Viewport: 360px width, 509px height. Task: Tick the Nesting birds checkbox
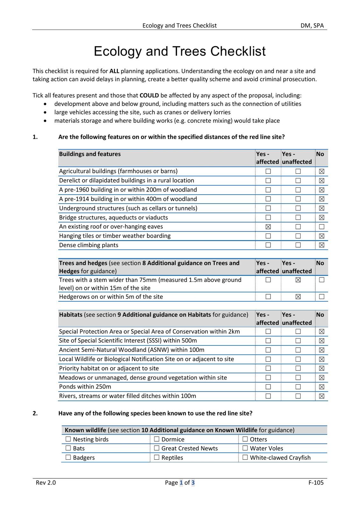(68, 439)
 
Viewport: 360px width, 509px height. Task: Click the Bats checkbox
(68, 448)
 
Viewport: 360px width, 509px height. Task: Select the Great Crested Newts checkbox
(157, 448)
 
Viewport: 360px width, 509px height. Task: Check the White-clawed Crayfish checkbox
(245, 457)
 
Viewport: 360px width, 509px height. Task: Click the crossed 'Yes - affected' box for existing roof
(268, 227)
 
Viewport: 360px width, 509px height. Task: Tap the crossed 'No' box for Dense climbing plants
(321, 245)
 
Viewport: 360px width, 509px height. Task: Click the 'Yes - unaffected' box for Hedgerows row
(298, 296)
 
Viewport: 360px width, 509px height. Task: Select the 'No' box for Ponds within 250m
(321, 387)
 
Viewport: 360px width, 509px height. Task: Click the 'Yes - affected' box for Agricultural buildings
(268, 171)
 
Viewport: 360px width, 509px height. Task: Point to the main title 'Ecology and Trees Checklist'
(180, 51)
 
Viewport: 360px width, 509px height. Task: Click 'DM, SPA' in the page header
(312, 25)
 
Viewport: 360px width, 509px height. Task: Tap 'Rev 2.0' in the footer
(46, 482)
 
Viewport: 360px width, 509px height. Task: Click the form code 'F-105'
(316, 482)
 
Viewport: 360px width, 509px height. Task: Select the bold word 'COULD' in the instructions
(149, 95)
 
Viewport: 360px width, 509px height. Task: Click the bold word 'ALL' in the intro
(114, 71)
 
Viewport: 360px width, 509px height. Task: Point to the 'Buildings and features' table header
(90, 154)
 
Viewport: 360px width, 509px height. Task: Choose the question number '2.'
(35, 413)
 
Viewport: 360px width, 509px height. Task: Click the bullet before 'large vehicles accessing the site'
(46, 112)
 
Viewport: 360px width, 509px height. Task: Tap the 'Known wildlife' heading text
(85, 430)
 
